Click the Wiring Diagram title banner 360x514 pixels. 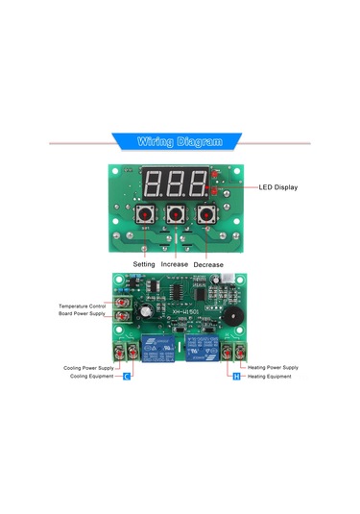click(180, 141)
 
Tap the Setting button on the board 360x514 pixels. click(147, 214)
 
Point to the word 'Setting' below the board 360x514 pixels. click(144, 263)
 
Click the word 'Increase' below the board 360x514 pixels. click(175, 263)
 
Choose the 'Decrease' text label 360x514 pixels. click(208, 263)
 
